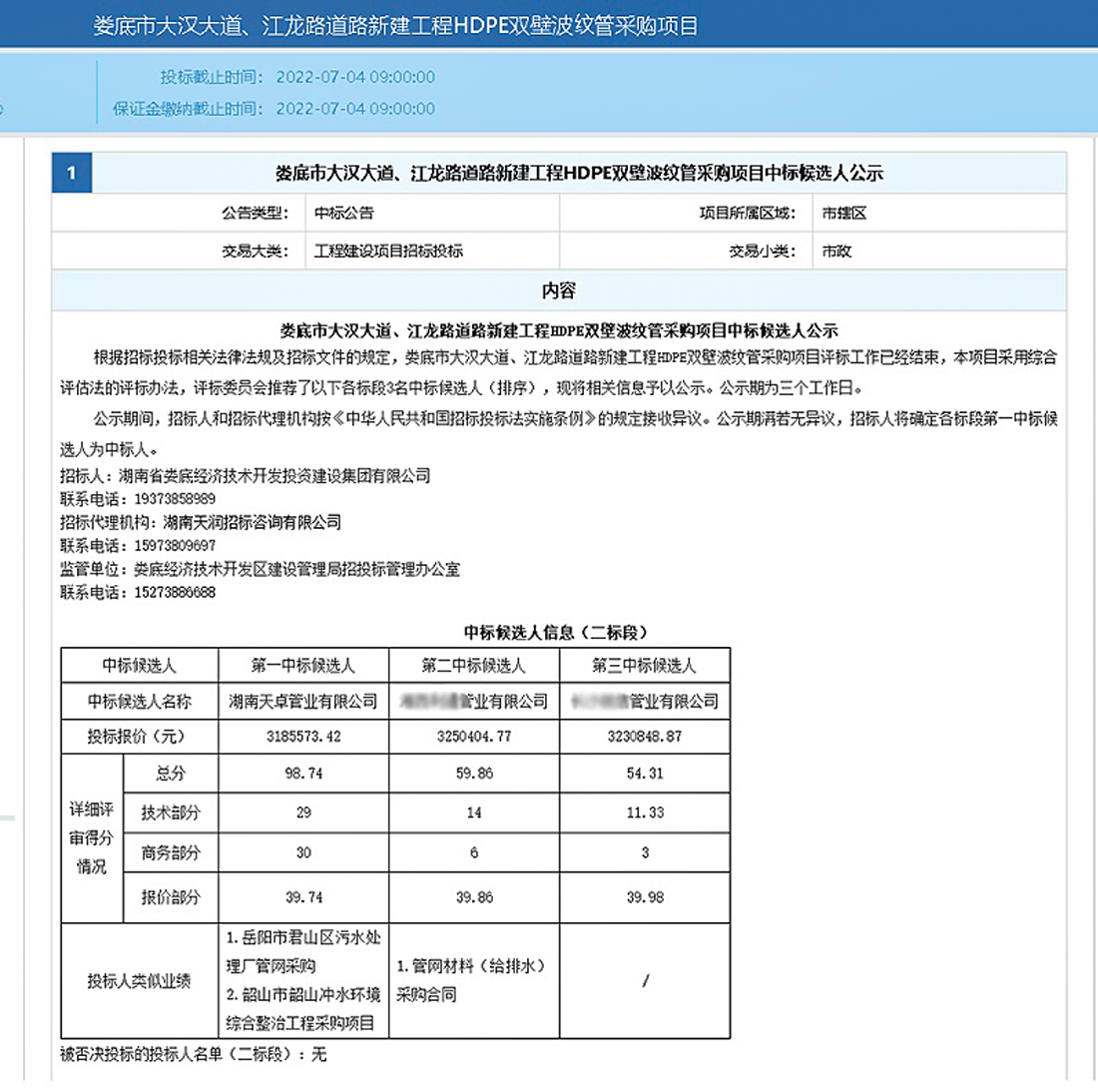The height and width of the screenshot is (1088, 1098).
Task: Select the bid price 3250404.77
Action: click(473, 738)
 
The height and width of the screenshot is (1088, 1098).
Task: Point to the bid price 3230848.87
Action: click(644, 738)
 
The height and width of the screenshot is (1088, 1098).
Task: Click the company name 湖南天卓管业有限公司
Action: click(303, 702)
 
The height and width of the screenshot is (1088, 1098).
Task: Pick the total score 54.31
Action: click(644, 774)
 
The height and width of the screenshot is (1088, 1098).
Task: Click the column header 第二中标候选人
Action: click(473, 666)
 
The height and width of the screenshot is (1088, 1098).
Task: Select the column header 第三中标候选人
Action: click(644, 666)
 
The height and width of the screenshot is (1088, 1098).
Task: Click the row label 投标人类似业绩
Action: click(140, 980)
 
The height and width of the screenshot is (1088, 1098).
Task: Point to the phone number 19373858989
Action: click(168, 498)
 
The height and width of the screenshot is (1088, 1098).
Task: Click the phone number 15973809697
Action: click(168, 546)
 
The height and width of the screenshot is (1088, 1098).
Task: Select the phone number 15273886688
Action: click(168, 593)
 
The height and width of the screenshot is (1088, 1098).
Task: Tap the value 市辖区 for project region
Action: click(836, 213)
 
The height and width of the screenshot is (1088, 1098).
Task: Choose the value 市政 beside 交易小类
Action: click(835, 252)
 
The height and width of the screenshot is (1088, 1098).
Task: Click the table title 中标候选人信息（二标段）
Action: click(556, 632)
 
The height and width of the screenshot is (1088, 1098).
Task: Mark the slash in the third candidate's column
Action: click(646, 980)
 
